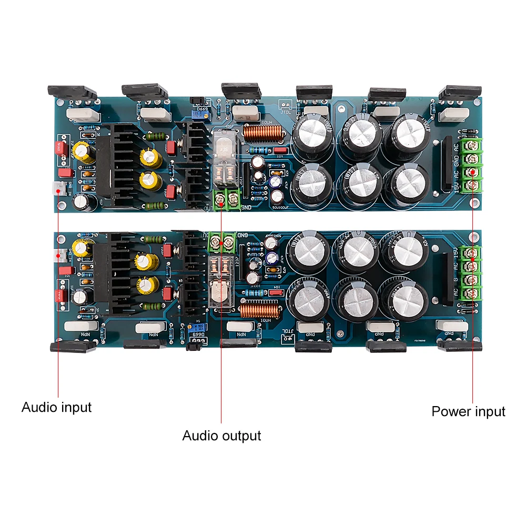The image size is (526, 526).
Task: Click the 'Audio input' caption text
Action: point(56,407)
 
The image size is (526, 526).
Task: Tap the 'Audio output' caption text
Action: point(221,436)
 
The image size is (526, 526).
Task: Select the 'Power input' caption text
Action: point(468,411)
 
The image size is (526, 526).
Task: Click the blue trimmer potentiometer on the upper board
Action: point(199,114)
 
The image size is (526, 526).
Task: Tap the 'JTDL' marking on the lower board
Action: point(286,332)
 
